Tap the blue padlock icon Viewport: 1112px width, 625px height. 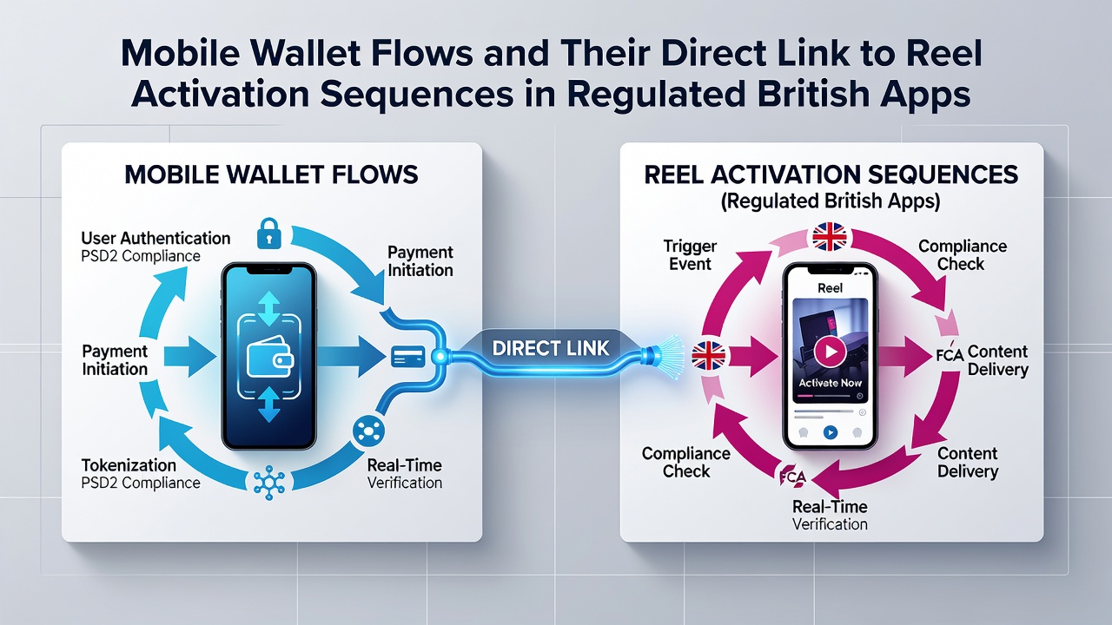pyautogui.click(x=269, y=234)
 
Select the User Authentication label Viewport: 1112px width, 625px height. pyautogui.click(x=156, y=238)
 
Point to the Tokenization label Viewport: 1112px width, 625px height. pyautogui.click(x=129, y=465)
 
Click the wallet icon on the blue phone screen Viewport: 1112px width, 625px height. pyautogui.click(x=269, y=357)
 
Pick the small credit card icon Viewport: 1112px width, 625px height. pyautogui.click(x=407, y=357)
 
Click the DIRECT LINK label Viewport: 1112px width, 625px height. pyautogui.click(x=551, y=348)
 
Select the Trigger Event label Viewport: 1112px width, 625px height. pyautogui.click(x=690, y=255)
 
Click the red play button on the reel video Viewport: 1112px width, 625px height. pyautogui.click(x=830, y=352)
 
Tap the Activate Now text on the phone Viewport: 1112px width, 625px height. pyautogui.click(x=830, y=383)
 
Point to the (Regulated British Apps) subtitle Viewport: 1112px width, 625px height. pyautogui.click(x=831, y=201)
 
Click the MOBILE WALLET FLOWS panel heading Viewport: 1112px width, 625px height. pyautogui.click(x=271, y=174)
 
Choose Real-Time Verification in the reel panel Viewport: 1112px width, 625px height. pyautogui.click(x=830, y=515)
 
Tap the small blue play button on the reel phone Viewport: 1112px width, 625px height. pyautogui.click(x=830, y=432)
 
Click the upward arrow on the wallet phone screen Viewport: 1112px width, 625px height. pyautogui.click(x=269, y=308)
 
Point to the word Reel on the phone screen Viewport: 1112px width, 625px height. pyautogui.click(x=830, y=288)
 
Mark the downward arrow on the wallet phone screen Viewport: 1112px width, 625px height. pyautogui.click(x=269, y=405)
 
